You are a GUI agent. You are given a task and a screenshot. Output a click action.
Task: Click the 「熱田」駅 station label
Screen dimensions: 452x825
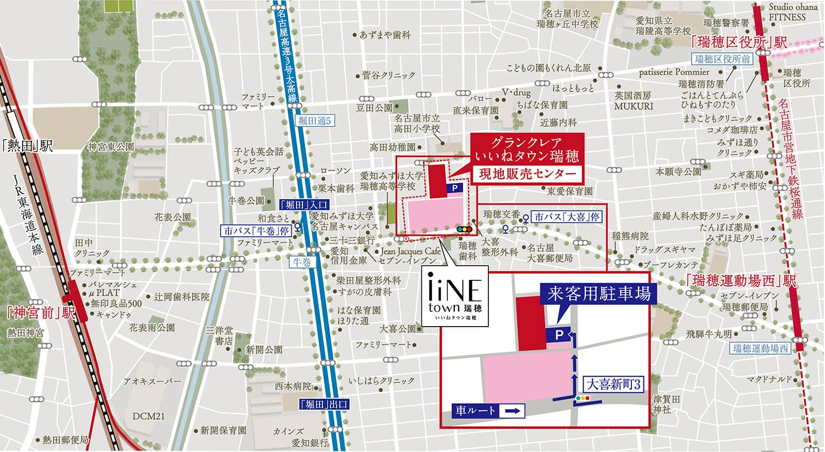(27, 146)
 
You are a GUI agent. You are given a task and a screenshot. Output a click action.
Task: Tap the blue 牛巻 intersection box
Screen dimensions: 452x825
(301, 262)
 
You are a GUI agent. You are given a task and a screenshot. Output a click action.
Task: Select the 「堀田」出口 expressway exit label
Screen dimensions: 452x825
(324, 405)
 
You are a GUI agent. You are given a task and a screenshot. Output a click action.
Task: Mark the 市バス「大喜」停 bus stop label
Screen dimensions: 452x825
(566, 217)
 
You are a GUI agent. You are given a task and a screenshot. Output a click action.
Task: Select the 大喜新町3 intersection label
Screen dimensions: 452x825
(613, 384)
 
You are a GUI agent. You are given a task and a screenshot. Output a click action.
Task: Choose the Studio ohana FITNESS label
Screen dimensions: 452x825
(787, 12)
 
